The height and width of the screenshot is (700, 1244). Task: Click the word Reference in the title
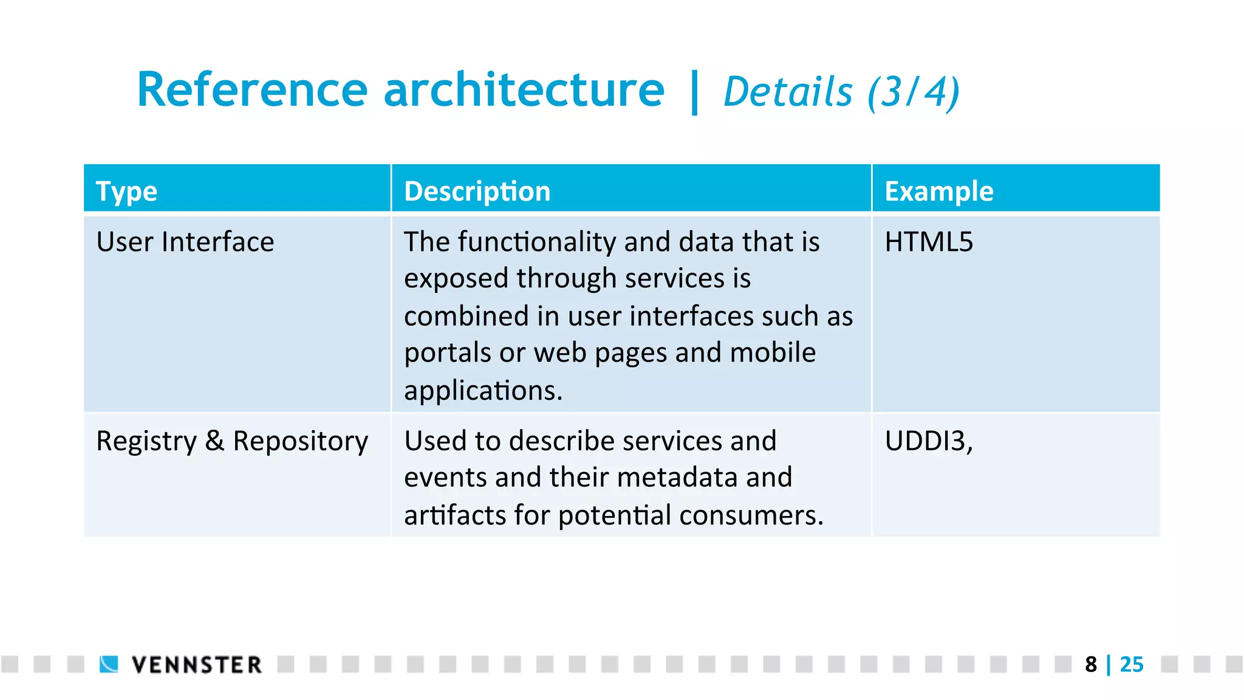point(252,90)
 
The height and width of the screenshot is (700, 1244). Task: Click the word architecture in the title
point(524,90)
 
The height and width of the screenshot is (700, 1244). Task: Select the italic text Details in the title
point(788,92)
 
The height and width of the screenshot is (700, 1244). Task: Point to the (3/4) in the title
point(913,92)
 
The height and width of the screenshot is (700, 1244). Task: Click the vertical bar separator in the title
point(694,92)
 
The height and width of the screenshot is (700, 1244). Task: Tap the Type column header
point(127,191)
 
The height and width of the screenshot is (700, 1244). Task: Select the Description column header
point(477,191)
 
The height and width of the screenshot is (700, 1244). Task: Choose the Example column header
point(938,191)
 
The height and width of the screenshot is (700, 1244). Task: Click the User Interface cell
point(185,242)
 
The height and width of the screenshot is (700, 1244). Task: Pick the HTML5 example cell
point(929,242)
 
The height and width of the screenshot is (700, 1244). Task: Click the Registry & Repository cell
point(232,441)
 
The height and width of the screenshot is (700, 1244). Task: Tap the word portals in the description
point(447,353)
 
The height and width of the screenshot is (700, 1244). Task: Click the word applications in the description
point(483,391)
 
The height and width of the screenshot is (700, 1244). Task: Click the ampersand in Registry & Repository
point(214,441)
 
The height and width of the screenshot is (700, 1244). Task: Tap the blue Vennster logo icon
point(109,664)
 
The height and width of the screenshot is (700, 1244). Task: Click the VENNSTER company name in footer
point(196,665)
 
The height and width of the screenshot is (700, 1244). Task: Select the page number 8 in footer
point(1091,665)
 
